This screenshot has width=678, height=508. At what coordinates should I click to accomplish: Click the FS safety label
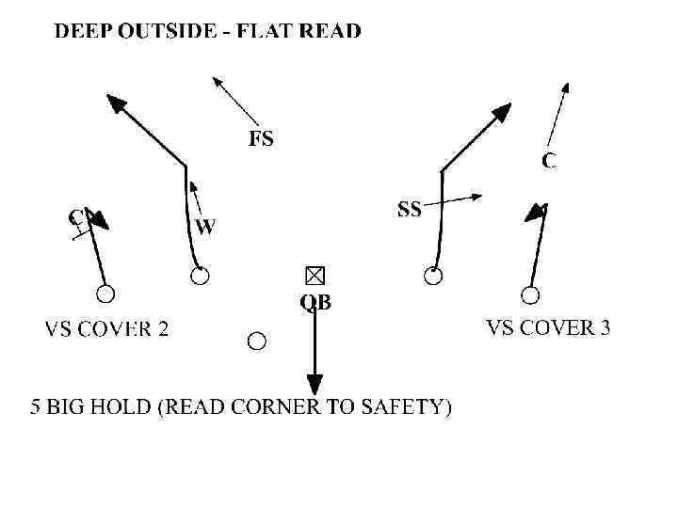tap(261, 139)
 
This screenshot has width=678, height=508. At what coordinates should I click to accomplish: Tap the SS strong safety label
tap(410, 210)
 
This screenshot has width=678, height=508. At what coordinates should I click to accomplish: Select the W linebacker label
tap(205, 227)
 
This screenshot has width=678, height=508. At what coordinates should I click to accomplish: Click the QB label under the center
tap(315, 302)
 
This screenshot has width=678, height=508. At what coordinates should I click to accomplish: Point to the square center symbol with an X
tap(314, 275)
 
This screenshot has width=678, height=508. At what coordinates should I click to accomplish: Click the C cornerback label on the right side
tap(549, 161)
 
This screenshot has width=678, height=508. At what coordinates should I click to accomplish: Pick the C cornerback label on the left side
tap(75, 217)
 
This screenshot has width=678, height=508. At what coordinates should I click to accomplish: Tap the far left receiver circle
tap(105, 294)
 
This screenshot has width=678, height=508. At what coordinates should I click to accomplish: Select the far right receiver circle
tap(530, 295)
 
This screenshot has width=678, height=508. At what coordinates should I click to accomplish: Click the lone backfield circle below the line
tap(256, 341)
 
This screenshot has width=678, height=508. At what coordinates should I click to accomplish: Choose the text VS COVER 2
tap(107, 329)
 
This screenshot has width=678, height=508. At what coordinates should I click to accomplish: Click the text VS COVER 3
tap(547, 328)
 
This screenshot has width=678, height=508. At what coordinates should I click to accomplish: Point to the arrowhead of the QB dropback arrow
tap(314, 385)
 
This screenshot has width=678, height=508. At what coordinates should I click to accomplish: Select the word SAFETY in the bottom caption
tap(412, 407)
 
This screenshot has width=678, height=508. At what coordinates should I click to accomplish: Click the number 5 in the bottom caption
tap(37, 407)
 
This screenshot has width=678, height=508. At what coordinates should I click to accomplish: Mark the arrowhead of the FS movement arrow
tap(218, 82)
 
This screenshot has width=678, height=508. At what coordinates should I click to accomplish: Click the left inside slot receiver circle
tap(200, 276)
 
